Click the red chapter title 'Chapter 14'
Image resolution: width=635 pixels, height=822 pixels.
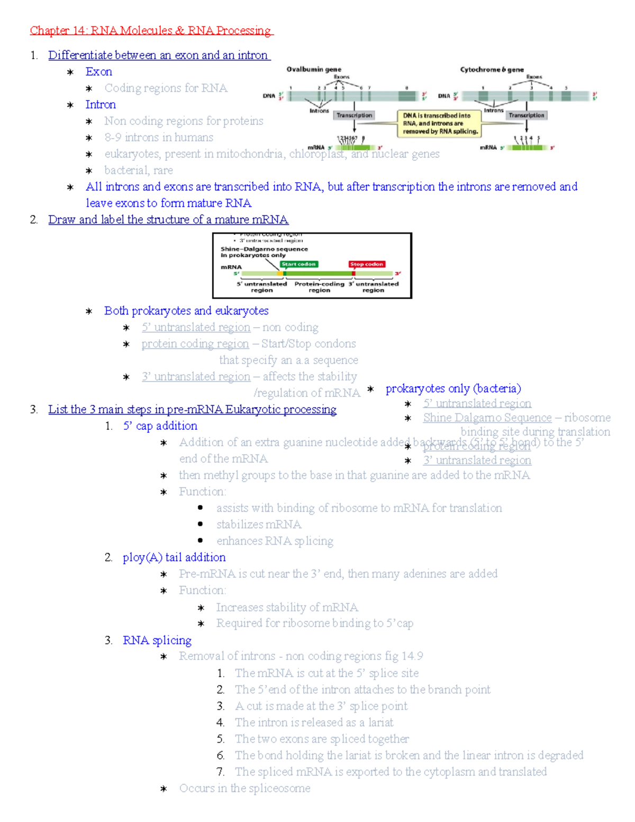click(x=58, y=31)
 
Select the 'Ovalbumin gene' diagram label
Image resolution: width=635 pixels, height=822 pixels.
click(x=314, y=69)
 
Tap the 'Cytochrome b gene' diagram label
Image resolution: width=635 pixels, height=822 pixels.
click(x=492, y=69)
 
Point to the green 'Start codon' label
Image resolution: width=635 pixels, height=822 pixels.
click(x=299, y=264)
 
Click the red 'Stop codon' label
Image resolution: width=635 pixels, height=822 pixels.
click(x=366, y=264)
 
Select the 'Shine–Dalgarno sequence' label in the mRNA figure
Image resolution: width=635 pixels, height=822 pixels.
click(x=264, y=249)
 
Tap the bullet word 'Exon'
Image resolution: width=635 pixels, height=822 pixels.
click(x=99, y=72)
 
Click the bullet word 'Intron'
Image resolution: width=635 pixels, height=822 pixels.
click(x=101, y=105)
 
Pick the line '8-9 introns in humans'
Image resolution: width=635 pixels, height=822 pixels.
click(x=159, y=138)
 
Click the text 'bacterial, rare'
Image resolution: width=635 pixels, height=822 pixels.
click(x=139, y=170)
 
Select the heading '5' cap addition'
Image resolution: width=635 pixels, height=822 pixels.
click(x=160, y=426)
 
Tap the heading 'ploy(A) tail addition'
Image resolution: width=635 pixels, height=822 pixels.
click(x=174, y=557)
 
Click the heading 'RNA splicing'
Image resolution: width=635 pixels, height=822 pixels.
click(x=157, y=640)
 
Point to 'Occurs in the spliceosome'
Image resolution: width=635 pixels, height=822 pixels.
click(x=244, y=789)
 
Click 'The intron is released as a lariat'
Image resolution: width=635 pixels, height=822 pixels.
click(x=314, y=722)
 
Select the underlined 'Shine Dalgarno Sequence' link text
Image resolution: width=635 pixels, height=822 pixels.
click(x=487, y=418)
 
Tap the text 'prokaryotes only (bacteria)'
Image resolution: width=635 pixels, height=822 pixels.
click(x=453, y=389)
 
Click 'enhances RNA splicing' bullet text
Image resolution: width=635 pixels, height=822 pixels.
click(x=275, y=541)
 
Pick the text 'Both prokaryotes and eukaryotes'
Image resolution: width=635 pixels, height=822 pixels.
click(x=186, y=311)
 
